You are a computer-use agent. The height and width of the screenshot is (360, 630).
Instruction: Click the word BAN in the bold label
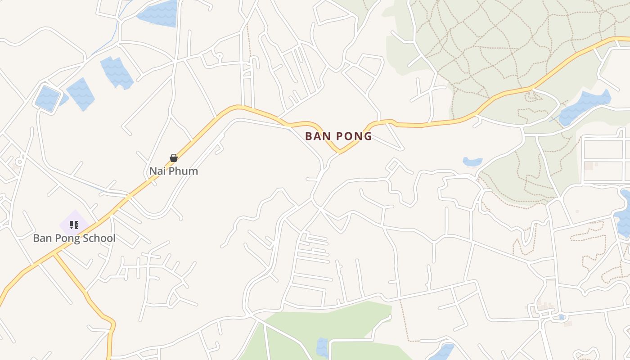(317, 136)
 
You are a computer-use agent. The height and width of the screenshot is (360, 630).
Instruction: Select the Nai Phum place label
(174, 171)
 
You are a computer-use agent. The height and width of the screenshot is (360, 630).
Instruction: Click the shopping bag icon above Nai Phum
(174, 158)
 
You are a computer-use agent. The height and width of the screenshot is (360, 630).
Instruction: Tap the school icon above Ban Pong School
(74, 225)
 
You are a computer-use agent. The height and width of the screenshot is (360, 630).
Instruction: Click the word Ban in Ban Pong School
(42, 238)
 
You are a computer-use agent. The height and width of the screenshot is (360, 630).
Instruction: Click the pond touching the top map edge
(158, 13)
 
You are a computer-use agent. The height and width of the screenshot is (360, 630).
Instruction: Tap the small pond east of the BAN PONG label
(472, 162)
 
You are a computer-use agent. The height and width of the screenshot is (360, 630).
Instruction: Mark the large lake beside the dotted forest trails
(585, 106)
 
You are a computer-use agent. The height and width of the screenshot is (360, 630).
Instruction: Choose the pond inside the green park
(322, 347)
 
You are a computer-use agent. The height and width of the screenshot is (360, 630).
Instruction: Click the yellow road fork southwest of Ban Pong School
(55, 254)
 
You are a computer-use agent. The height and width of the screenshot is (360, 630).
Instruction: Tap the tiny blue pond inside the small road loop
(561, 317)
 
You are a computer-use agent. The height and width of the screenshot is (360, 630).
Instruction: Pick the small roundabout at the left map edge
(19, 161)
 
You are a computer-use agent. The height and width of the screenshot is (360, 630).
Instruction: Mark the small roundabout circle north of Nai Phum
(219, 56)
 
